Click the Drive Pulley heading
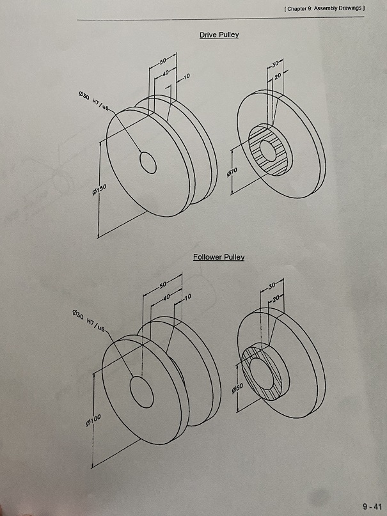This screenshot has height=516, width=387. pyautogui.click(x=219, y=35)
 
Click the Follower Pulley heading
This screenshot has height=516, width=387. pyautogui.click(x=218, y=257)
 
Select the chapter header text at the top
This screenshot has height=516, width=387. pyautogui.click(x=323, y=8)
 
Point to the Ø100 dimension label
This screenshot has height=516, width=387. pyautogui.click(x=93, y=419)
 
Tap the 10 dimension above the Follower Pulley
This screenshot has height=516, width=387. pyautogui.click(x=187, y=297)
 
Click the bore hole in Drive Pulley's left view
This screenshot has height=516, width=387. pyautogui.click(x=148, y=162)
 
